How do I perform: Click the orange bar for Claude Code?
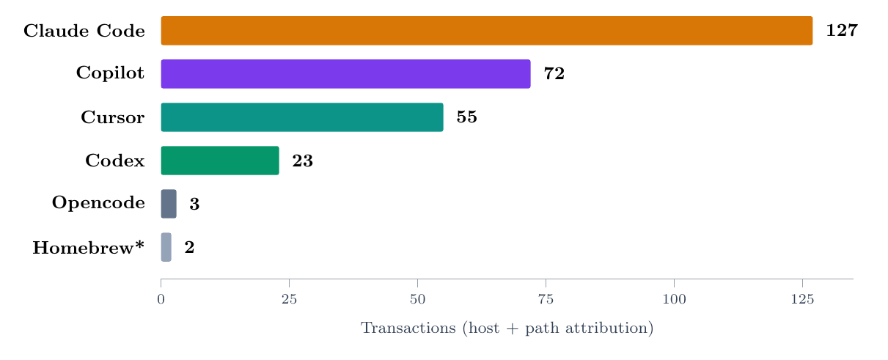pos(486,31)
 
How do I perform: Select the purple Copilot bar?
pos(345,74)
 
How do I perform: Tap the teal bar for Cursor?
pos(301,117)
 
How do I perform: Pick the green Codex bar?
pos(220,161)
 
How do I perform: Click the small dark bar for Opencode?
pos(169,204)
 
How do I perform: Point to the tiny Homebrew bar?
pos(166,247)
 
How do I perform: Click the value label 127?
pos(842,31)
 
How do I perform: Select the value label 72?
pos(554,74)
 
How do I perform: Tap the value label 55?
pos(466,117)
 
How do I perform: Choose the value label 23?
pos(302,161)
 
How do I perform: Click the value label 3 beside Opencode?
pos(194,205)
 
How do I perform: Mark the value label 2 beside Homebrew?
pos(189,248)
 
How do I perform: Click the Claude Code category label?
pos(84,31)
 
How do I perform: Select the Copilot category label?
pos(110,74)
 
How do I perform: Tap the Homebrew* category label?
pos(88,248)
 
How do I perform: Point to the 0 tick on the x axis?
pos(161,299)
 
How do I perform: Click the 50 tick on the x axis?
pos(417,299)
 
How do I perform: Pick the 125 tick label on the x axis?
pos(802,299)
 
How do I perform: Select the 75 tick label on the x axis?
pos(546,299)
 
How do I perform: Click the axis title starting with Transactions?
pos(507,328)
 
